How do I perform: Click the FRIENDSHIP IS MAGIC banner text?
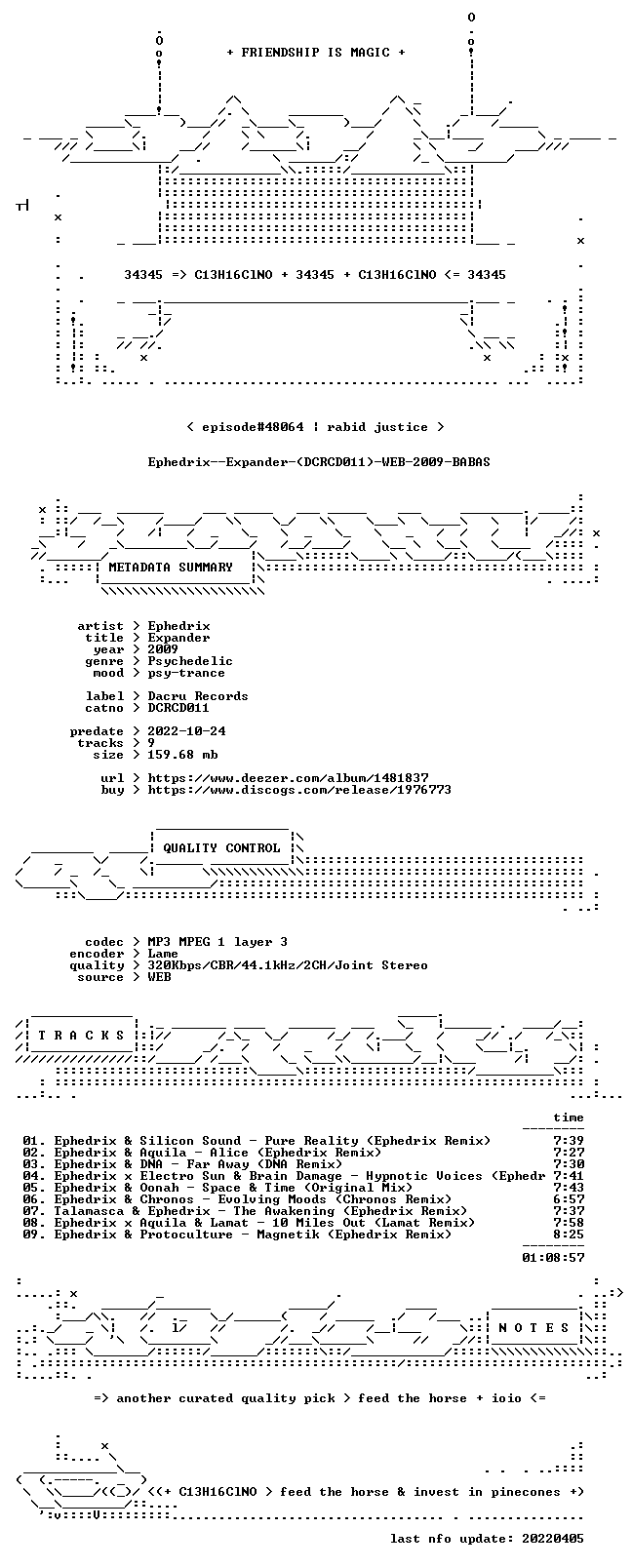coord(316,53)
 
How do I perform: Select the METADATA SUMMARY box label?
coord(171,567)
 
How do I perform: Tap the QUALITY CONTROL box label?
coord(221,848)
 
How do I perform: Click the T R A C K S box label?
coord(81,1036)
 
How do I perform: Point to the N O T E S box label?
coord(534,1328)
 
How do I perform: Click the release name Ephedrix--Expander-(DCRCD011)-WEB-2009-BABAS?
coord(319,462)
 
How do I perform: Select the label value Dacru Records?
coord(197,696)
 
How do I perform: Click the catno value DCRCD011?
coord(178,708)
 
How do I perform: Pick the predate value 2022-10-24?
coord(186,731)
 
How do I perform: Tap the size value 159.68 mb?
coord(182,755)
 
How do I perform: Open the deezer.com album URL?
coord(288,778)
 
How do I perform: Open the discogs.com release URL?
coord(298,790)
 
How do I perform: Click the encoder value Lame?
coord(162,954)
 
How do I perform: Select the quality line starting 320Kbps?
coord(287,966)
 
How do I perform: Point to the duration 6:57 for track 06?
coord(569,1199)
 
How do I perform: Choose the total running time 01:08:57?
coord(553,1258)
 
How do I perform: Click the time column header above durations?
coord(569,1117)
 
